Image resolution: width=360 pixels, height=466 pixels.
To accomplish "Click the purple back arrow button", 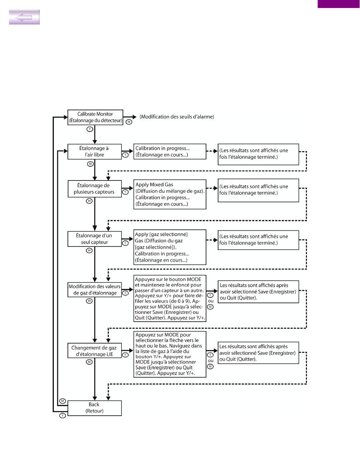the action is (x=24, y=17).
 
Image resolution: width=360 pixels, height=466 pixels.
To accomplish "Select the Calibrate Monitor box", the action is (x=95, y=117).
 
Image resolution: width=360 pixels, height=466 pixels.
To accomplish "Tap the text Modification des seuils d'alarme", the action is (x=177, y=117).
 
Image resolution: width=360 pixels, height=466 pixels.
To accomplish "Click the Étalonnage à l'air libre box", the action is (x=94, y=152).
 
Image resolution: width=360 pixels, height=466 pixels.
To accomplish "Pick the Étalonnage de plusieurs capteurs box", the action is (x=94, y=189).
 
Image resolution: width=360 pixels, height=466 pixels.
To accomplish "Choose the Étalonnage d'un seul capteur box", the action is (x=94, y=239).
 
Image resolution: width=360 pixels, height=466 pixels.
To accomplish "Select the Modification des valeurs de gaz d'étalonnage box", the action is (x=94, y=290).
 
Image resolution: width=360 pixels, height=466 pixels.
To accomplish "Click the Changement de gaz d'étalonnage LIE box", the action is (x=94, y=351).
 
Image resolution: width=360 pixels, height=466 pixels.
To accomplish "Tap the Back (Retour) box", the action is (x=94, y=408).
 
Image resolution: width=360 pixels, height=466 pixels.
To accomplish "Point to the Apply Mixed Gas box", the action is (x=170, y=194).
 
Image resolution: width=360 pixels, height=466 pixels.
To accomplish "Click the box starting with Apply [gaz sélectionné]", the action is (x=170, y=247).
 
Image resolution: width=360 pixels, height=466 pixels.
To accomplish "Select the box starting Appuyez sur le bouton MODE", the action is (x=170, y=298).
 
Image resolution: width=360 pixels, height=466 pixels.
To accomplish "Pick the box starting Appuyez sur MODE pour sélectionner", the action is (x=170, y=354).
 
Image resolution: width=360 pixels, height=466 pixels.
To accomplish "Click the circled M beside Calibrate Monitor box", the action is (x=129, y=122).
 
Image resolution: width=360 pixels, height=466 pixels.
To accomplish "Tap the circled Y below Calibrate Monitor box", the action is (x=90, y=129).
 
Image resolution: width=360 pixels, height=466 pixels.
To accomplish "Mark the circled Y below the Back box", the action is (x=63, y=416).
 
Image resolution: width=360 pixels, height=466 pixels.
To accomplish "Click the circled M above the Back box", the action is (x=63, y=401).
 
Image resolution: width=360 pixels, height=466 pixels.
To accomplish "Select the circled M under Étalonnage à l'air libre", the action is (x=90, y=164).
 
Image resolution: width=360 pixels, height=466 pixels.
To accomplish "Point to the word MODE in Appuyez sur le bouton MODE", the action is (x=194, y=279).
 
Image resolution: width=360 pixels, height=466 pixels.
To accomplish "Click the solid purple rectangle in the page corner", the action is (x=339, y=4).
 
